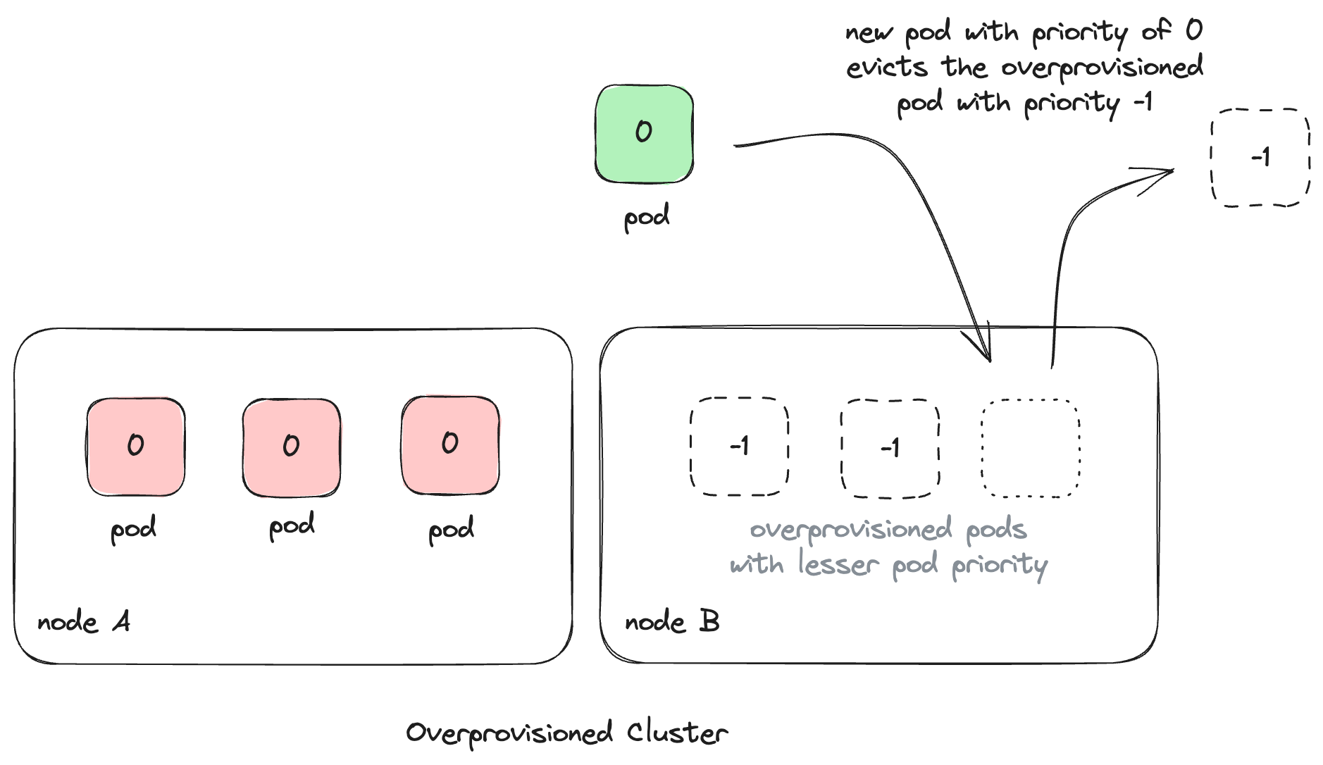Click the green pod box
point(644,134)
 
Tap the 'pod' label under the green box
point(646,217)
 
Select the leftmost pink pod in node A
point(136,447)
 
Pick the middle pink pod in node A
point(292,447)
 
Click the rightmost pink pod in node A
point(450,445)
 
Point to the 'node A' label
point(83,622)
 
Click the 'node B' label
point(671,621)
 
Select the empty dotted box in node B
point(1031,448)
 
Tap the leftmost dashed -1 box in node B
point(739,447)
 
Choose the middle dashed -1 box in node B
point(890,448)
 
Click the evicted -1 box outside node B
point(1260,157)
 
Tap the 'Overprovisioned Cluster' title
point(566,733)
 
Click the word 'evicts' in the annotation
point(886,68)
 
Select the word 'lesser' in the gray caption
point(838,564)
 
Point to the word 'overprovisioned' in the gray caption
point(850,530)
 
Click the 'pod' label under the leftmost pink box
point(133,530)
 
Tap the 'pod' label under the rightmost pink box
point(451,530)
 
